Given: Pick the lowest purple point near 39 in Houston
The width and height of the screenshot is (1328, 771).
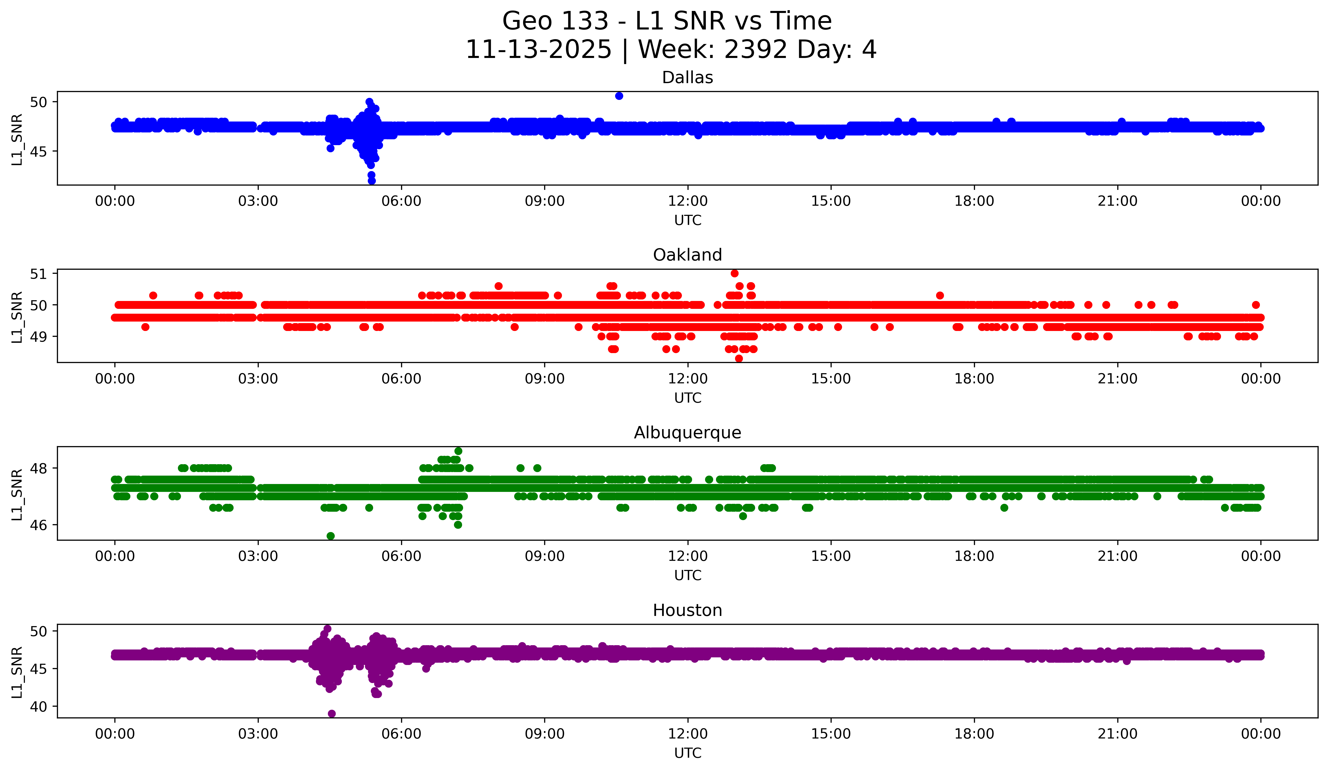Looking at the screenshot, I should [331, 714].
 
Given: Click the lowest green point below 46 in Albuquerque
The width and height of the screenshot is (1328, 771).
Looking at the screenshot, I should [330, 536].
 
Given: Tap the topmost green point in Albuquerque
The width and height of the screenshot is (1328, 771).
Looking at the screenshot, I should [459, 451].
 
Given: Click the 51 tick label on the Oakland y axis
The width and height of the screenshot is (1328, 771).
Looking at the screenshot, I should [38, 274].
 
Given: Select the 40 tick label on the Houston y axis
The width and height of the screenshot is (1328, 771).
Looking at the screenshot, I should [38, 707].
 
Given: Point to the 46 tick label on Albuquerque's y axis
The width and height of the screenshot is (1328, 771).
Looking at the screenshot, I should [38, 525].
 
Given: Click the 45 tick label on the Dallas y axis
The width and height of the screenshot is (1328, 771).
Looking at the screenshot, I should [38, 152].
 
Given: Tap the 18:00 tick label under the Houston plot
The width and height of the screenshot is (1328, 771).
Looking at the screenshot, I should [974, 734].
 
